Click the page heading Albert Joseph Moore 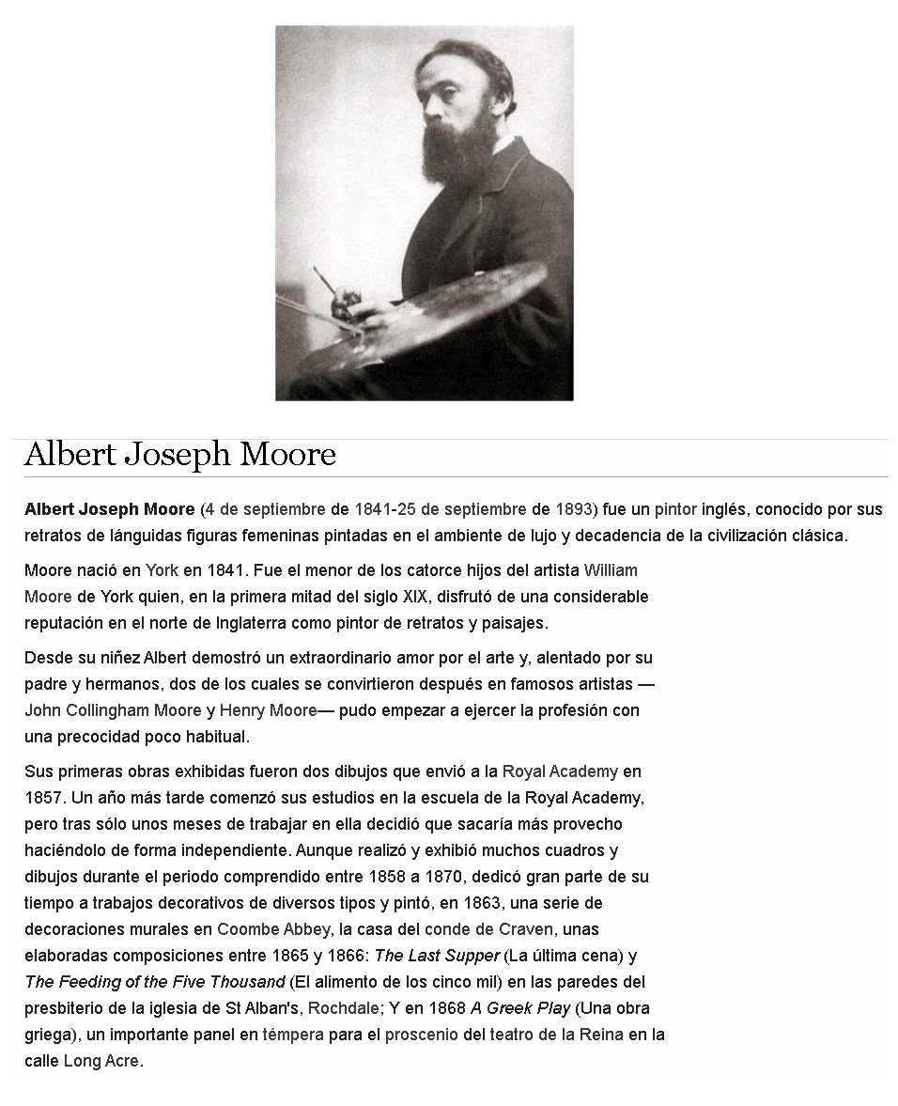coord(179,455)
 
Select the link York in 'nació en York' coord(162,569)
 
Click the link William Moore coord(611,569)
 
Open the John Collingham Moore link coord(113,709)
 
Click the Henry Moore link coord(268,709)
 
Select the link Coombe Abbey coord(273,929)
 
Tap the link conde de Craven coord(488,929)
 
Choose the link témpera coord(293,1035)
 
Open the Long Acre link coord(101,1061)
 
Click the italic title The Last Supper coord(437,956)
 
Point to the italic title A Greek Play coord(519,1008)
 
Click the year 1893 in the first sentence coord(573,509)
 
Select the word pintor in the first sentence coord(676,509)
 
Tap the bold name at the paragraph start coord(109,509)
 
